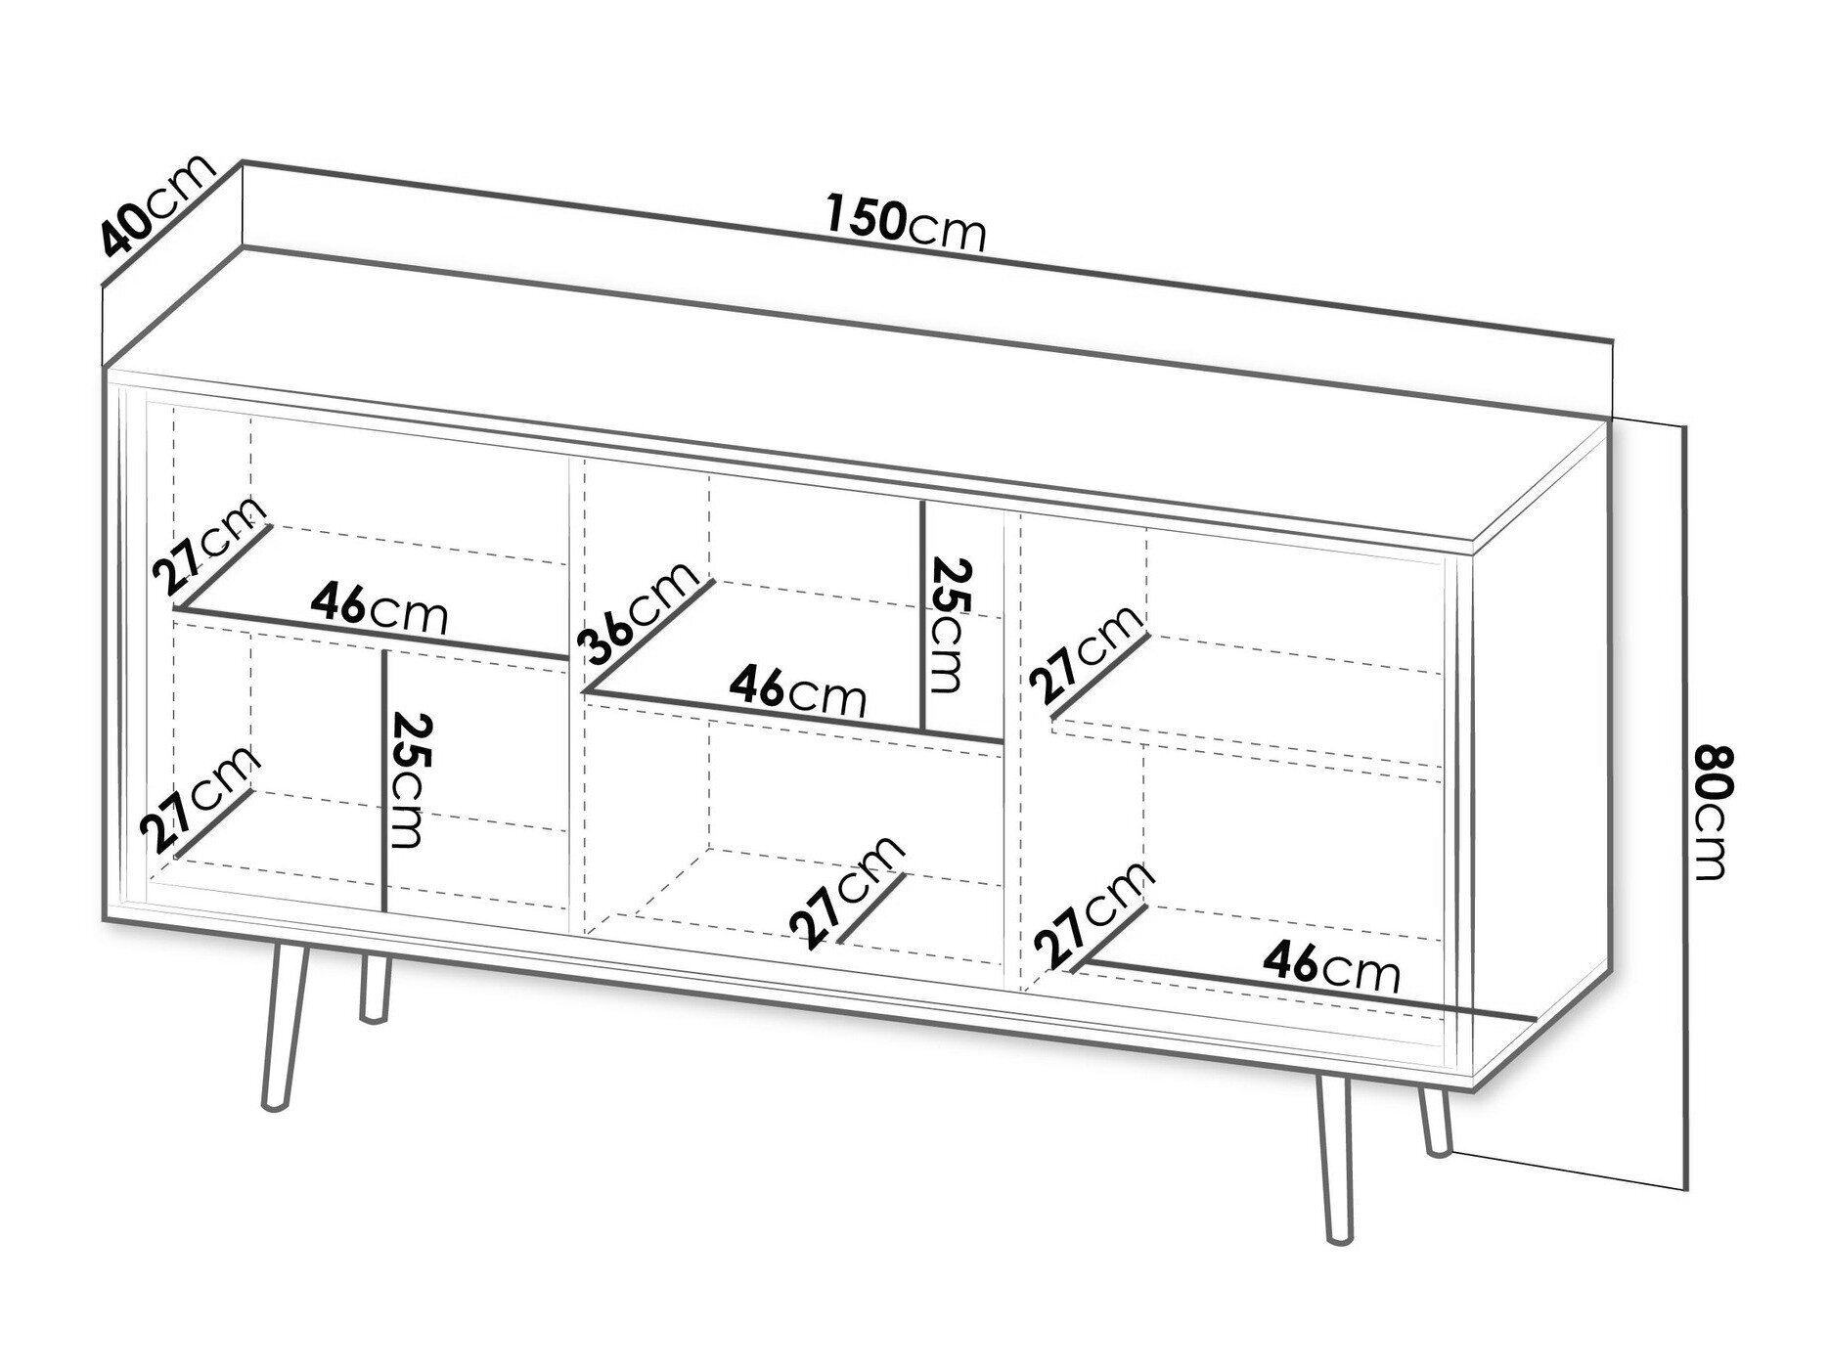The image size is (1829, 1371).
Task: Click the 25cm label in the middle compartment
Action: [x=947, y=625]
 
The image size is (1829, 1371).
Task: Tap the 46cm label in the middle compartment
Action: [x=797, y=691]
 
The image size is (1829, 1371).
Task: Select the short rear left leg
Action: [x=372, y=989]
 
